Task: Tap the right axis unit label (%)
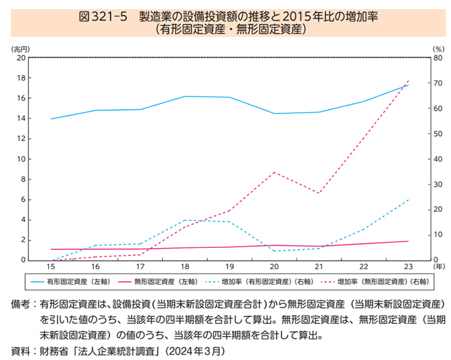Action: [438, 49]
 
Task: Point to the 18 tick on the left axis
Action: [21, 78]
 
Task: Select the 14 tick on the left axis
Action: [21, 118]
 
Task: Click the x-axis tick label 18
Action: [185, 265]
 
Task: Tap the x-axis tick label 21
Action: [318, 265]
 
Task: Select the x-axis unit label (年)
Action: [439, 265]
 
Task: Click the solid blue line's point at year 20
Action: [274, 114]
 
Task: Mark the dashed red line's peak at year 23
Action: [408, 81]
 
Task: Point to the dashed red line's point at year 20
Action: [274, 172]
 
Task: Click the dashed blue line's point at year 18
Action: [185, 220]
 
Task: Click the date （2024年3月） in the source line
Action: [193, 352]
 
